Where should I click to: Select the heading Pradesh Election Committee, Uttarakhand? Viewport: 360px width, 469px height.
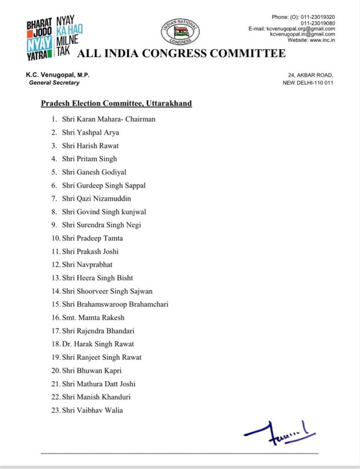coord(116,104)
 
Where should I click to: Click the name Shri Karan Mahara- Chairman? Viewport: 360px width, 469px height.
coord(109,119)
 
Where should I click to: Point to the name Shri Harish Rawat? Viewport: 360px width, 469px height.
coord(92,146)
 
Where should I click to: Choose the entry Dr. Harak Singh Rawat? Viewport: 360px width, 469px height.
coord(98,344)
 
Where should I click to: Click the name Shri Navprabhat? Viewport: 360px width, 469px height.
coord(90,265)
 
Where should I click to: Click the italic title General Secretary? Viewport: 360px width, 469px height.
coord(54,83)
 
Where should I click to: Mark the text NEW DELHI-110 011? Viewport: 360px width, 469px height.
coord(309,83)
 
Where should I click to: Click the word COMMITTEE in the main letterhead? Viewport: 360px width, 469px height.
coord(247,54)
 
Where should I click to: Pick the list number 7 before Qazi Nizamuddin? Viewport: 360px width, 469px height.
coord(54,198)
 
